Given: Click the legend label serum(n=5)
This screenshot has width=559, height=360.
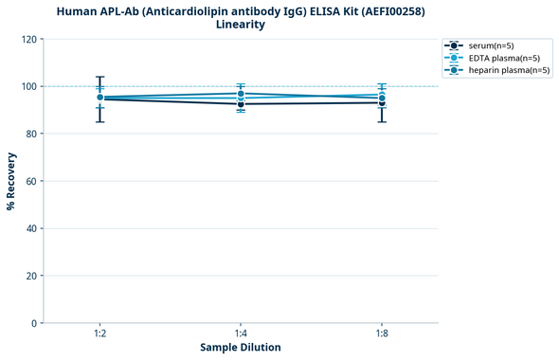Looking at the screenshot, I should [x=491, y=45].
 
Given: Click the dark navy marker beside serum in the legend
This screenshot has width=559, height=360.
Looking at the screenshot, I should [x=455, y=45].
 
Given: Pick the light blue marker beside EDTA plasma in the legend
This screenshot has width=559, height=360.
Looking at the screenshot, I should [x=455, y=58].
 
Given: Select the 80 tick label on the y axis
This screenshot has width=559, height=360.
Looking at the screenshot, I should [x=32, y=134].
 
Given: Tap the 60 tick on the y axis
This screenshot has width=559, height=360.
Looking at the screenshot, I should [x=32, y=181].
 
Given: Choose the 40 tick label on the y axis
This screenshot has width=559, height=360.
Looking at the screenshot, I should [x=32, y=228].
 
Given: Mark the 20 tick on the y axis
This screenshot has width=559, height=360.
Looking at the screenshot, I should [x=32, y=276].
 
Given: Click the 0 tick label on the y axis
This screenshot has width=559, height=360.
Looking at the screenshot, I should [x=35, y=323].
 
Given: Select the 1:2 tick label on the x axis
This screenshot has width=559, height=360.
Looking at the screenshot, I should [x=99, y=334].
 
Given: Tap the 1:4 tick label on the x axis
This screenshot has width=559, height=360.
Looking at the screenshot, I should [x=241, y=334].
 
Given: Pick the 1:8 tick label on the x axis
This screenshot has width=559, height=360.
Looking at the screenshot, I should [x=381, y=334].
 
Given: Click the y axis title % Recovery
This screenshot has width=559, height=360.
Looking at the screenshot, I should [x=11, y=181].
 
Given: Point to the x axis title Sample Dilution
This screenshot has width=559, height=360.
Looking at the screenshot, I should [x=241, y=348].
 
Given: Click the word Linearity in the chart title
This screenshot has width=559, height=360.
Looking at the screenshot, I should [x=241, y=25].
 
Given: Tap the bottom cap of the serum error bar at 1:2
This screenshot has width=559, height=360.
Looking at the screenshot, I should [x=99, y=121].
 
